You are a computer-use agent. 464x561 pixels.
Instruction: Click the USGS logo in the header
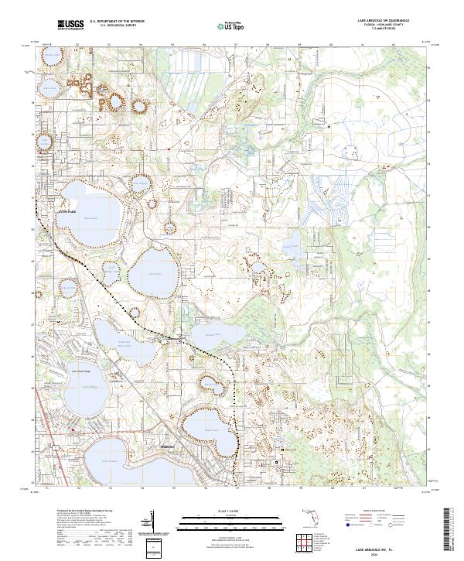click(70, 25)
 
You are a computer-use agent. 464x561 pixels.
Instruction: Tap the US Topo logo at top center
click(228, 25)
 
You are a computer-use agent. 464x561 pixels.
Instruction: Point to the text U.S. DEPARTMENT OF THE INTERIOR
click(118, 22)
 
